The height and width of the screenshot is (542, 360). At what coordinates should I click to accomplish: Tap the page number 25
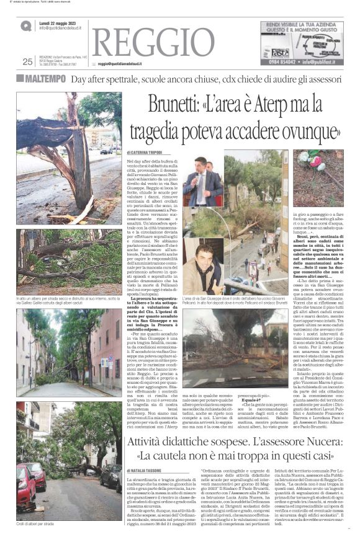point(27,61)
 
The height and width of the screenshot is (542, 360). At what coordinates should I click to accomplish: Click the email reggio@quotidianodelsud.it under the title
point(120,64)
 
